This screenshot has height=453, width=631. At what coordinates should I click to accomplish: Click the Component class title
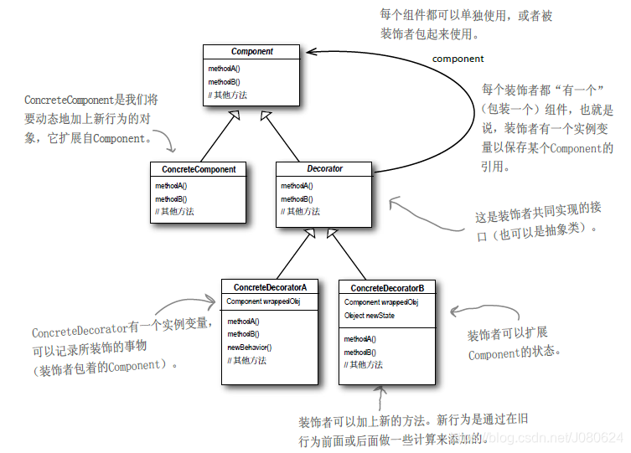point(252,51)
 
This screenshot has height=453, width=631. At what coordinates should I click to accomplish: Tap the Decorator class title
point(324,169)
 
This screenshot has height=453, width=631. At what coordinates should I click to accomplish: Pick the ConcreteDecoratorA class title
point(270,287)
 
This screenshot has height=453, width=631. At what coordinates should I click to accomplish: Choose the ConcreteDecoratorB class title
point(387,288)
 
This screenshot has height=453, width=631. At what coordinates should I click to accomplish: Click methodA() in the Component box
point(224,68)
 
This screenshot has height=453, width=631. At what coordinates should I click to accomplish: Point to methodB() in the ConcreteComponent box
point(171,199)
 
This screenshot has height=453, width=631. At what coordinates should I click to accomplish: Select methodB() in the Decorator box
point(297,199)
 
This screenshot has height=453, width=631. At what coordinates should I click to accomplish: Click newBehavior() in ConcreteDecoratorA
point(250,347)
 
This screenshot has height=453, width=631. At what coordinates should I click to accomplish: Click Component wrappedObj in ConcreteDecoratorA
point(263,301)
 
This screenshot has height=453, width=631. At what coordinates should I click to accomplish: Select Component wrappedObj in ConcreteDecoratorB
point(381,302)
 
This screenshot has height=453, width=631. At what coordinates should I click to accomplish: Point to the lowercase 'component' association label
point(458,59)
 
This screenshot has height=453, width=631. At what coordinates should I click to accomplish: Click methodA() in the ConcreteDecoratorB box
point(360,339)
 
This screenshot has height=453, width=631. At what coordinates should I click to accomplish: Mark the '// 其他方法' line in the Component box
point(229,95)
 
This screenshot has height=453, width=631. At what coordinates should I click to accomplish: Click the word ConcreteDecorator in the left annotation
point(79,332)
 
